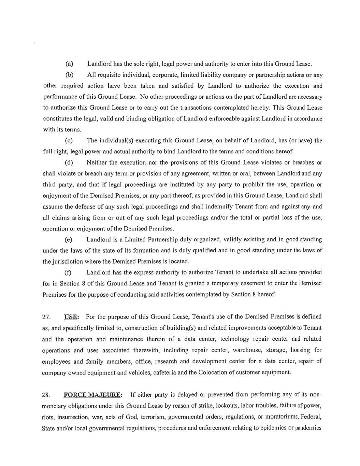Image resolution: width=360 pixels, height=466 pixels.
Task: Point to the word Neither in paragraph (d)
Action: coord(97,163)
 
